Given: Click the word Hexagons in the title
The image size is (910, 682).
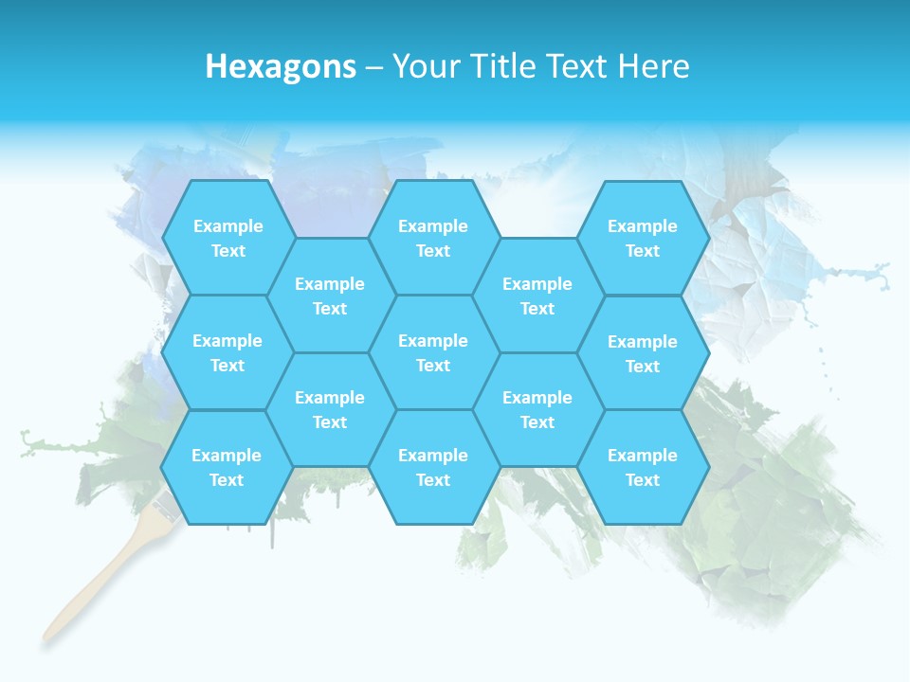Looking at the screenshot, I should tap(281, 66).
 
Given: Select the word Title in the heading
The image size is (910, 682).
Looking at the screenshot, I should tap(497, 66).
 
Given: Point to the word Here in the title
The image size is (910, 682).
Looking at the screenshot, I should tap(653, 66).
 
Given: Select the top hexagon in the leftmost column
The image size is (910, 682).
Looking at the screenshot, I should tap(227, 238).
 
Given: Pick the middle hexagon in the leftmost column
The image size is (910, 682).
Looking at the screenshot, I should tap(227, 352).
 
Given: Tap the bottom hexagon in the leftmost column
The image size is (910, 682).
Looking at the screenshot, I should tap(227, 467).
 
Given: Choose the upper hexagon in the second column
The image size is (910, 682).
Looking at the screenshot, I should tap(329, 296).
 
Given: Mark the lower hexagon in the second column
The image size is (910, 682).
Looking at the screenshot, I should tap(329, 409).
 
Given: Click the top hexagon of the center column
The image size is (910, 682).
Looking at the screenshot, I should tap(433, 238).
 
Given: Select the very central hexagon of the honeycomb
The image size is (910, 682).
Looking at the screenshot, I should tap(433, 352).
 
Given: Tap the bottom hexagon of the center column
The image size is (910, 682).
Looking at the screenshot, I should tap(433, 467).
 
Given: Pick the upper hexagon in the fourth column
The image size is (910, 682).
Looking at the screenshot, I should tap(537, 296).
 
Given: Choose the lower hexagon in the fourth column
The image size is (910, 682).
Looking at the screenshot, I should tap(537, 409).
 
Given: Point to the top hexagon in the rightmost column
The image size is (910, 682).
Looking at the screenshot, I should tap(643, 238).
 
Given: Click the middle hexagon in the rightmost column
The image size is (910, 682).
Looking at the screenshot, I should tap(643, 353).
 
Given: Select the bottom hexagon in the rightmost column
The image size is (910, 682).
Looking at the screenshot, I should tap(643, 467).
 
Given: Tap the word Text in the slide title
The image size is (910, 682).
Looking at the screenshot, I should tap(577, 66).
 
